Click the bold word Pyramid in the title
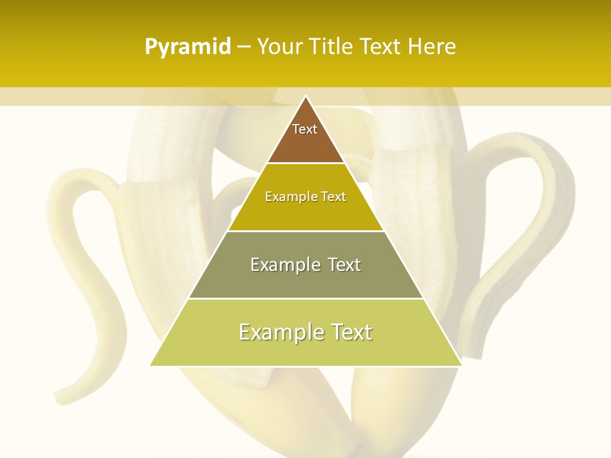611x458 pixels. click(188, 47)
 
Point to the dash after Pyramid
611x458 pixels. click(244, 47)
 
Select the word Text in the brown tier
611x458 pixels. click(305, 129)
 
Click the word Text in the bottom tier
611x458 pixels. click(351, 332)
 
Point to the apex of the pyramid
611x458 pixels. click(305, 97)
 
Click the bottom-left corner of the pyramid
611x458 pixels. click(151, 365)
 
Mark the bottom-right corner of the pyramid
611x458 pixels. click(461, 365)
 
